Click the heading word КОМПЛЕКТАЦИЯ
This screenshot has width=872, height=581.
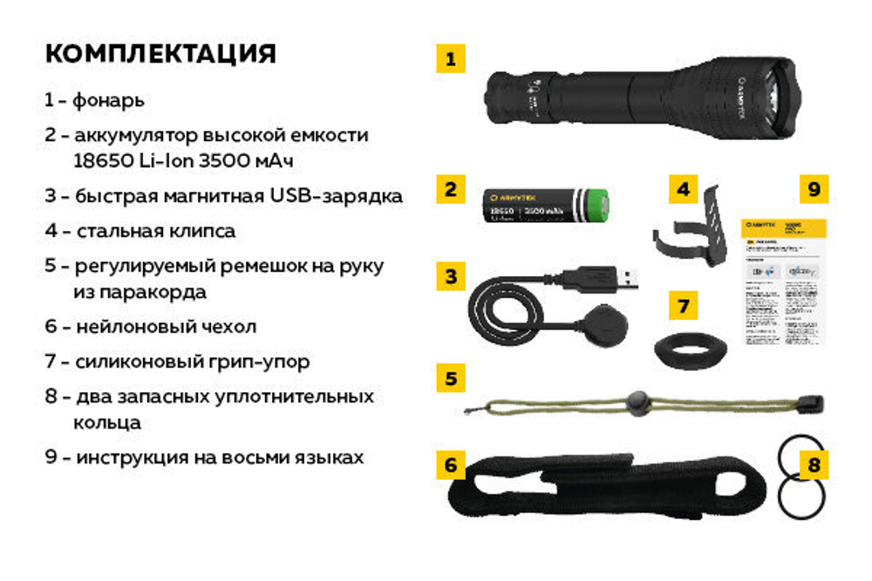[x=160, y=54]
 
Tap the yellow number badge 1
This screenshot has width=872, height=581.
[x=450, y=59]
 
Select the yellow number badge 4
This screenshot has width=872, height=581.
[x=684, y=189]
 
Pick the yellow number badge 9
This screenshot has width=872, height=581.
[x=814, y=188]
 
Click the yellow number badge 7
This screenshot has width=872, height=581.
[x=683, y=307]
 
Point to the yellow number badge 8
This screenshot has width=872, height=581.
[x=814, y=465]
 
